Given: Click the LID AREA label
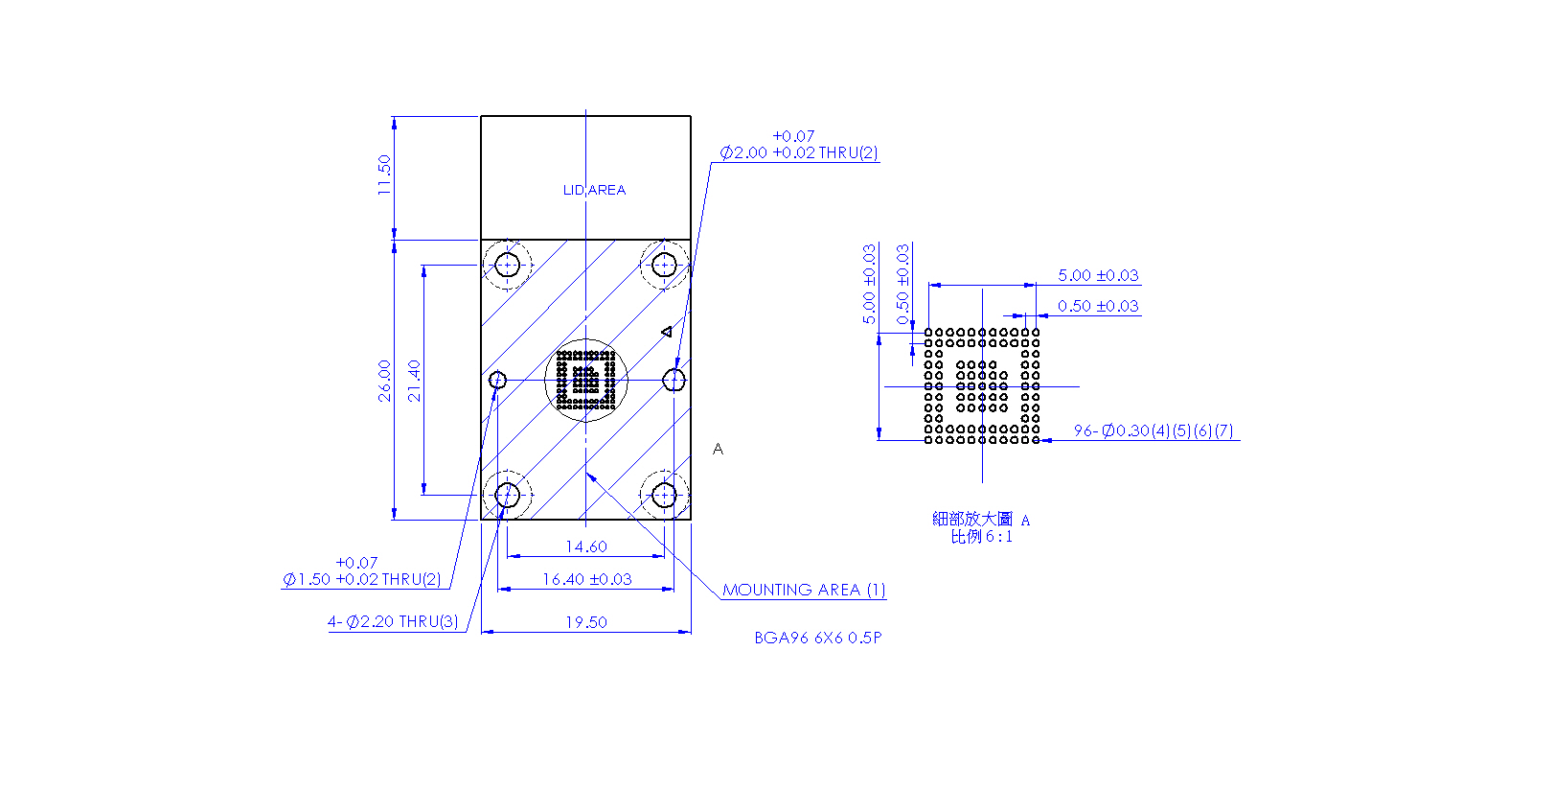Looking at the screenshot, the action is [594, 190].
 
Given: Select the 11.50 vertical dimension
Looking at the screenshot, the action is [384, 174].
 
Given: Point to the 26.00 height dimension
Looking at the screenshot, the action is [384, 381].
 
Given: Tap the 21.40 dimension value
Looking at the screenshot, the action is [414, 381].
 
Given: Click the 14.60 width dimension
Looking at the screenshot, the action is [586, 546].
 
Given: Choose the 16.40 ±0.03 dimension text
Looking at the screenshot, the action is [587, 579].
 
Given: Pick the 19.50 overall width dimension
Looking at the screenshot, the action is [586, 622].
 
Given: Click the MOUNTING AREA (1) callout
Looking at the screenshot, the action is [804, 590].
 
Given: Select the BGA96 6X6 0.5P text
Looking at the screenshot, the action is [818, 638].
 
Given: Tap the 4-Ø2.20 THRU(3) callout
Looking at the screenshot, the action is [393, 621].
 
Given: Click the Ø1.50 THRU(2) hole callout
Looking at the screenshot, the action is [362, 570].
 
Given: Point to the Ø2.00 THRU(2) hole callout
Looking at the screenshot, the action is [799, 144].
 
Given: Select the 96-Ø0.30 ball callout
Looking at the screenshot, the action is [1153, 430].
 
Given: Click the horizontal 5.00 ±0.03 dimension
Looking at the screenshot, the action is [1098, 275].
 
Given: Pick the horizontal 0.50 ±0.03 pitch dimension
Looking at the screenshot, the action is [1098, 306].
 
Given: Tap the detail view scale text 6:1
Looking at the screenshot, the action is [999, 537].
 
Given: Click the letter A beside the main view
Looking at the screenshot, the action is [719, 450].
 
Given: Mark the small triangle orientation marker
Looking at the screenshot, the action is [666, 333].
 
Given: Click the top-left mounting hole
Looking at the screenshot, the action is [508, 265].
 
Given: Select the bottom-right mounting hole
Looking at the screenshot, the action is [664, 496].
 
